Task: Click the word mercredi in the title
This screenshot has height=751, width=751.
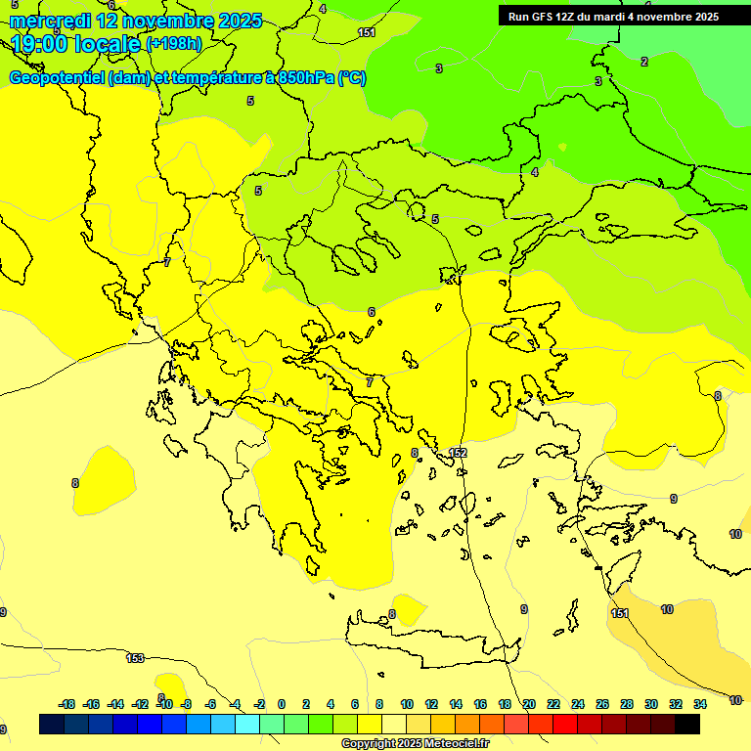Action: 48,21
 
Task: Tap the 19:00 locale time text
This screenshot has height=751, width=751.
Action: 76,43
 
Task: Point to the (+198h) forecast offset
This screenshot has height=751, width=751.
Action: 174,44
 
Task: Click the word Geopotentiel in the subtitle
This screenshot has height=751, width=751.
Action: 57,78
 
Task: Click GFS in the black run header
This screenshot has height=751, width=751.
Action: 544,17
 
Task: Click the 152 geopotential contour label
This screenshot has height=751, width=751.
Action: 458,453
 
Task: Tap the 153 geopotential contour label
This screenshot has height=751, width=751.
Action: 136,658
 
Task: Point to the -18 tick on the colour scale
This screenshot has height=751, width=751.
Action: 66,704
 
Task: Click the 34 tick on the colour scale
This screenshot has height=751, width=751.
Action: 700,704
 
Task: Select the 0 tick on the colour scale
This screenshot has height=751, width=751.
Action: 282,704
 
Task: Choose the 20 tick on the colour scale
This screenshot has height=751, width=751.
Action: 529,704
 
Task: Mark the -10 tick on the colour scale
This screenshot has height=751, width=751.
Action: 164,704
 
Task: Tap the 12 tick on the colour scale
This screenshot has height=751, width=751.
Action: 431,704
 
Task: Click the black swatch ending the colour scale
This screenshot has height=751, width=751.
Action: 687,724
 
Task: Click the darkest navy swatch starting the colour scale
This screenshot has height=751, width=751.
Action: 52,724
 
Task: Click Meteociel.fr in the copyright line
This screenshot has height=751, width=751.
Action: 452,744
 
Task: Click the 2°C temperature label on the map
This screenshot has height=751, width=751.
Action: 643,62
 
